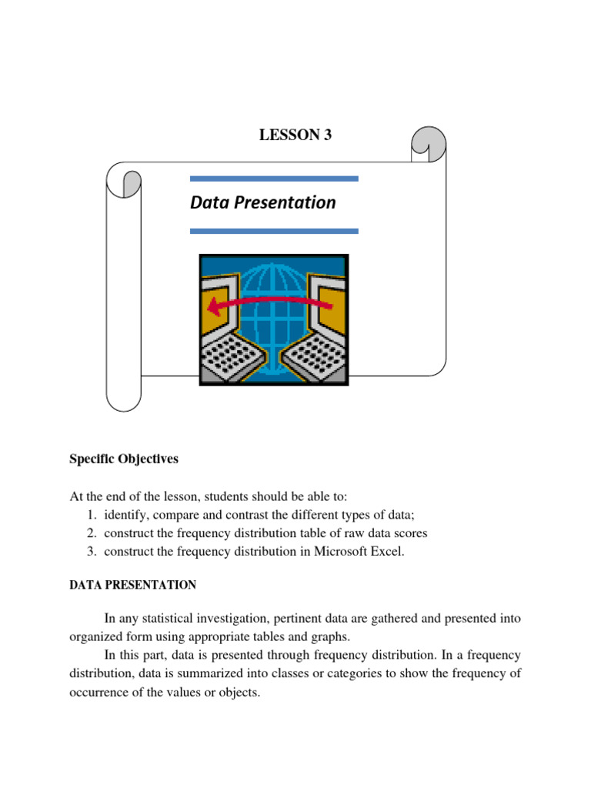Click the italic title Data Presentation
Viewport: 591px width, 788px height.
262,202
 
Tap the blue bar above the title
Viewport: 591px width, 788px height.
273,179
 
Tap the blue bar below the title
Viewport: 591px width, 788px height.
273,230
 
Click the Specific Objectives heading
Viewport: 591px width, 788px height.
123,459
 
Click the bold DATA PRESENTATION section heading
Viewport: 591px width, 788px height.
132,586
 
